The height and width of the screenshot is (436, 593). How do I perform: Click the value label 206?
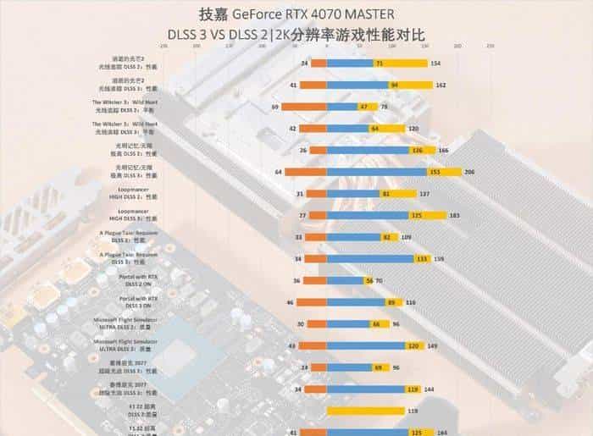469,172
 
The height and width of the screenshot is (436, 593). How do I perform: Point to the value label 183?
454,216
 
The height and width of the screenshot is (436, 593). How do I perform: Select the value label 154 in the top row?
435,63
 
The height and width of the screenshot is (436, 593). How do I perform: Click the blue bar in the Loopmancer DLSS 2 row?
356,194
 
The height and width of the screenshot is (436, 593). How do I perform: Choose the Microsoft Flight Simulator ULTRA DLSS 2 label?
127,323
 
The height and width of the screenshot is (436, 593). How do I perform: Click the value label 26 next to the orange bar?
302,150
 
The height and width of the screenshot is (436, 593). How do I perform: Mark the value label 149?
432,345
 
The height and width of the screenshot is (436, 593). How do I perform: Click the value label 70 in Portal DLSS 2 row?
379,280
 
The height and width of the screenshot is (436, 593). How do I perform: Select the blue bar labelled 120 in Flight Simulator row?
373,345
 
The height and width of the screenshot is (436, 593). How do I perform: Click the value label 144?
429,389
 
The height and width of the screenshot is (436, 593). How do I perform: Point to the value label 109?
406,237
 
